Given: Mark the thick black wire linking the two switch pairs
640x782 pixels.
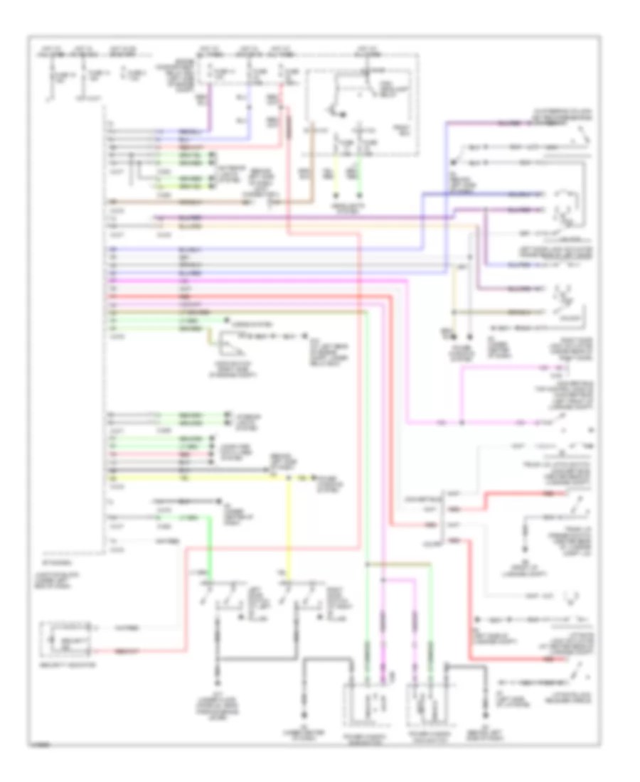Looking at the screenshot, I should click(x=256, y=658).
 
